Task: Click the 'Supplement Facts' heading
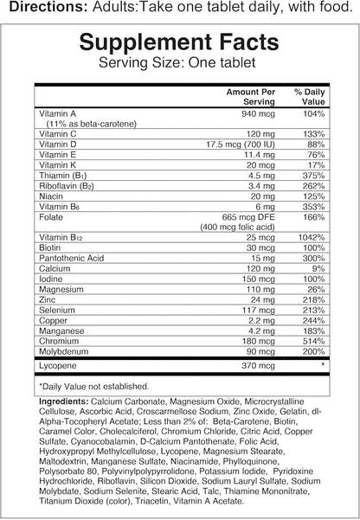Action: point(180,43)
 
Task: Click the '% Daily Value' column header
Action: point(307,95)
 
